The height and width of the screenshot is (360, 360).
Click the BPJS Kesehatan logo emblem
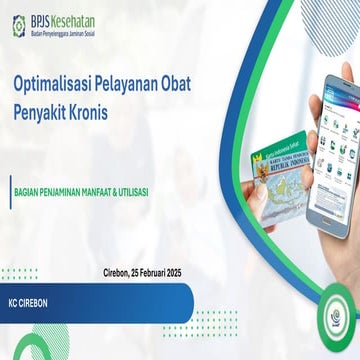click(x=21, y=22)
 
